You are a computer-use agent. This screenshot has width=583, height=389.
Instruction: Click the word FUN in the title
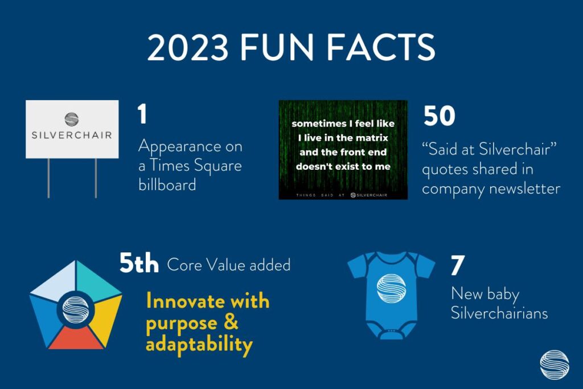277,47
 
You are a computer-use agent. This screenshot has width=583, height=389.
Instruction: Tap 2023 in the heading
187,47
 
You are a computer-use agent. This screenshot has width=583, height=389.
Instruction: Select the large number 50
439,116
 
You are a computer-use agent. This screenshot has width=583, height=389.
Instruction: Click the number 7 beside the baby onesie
457,265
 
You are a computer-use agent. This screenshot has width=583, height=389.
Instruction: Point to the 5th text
139,263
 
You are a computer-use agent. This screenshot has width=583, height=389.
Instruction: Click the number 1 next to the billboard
142,114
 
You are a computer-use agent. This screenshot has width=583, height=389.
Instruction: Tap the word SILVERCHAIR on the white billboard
72,135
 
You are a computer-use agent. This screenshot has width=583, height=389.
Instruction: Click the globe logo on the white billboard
72,120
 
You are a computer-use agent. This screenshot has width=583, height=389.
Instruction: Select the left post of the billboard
48,178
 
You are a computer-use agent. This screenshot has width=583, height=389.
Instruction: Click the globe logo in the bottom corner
555,365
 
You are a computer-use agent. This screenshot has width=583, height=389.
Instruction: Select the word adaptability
199,345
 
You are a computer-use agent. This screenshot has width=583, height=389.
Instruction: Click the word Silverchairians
499,313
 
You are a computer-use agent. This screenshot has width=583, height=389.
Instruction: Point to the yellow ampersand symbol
231,322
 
